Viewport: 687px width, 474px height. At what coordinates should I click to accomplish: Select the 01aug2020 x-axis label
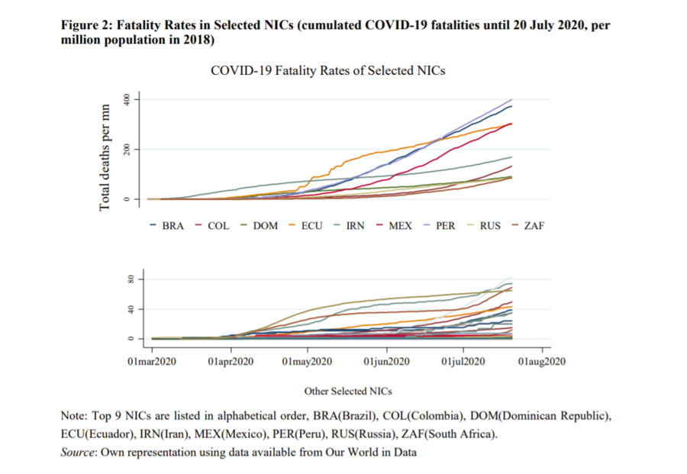pos(542,361)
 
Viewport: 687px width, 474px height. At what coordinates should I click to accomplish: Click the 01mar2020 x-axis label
pos(153,361)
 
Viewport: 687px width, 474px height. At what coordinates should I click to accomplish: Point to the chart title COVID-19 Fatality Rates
pos(327,70)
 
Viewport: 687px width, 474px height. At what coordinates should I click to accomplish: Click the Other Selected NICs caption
pos(348,391)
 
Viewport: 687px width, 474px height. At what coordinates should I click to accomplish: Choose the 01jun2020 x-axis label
pos(387,361)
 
